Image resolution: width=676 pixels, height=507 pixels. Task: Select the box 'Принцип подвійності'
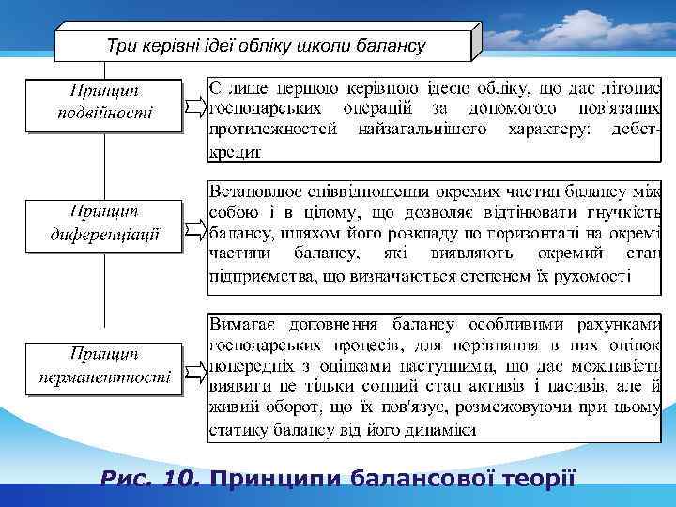102,104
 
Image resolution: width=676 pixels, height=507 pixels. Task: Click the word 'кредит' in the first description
235,150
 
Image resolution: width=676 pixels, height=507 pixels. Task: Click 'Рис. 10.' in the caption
151,480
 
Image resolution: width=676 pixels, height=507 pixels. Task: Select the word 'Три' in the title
121,45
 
